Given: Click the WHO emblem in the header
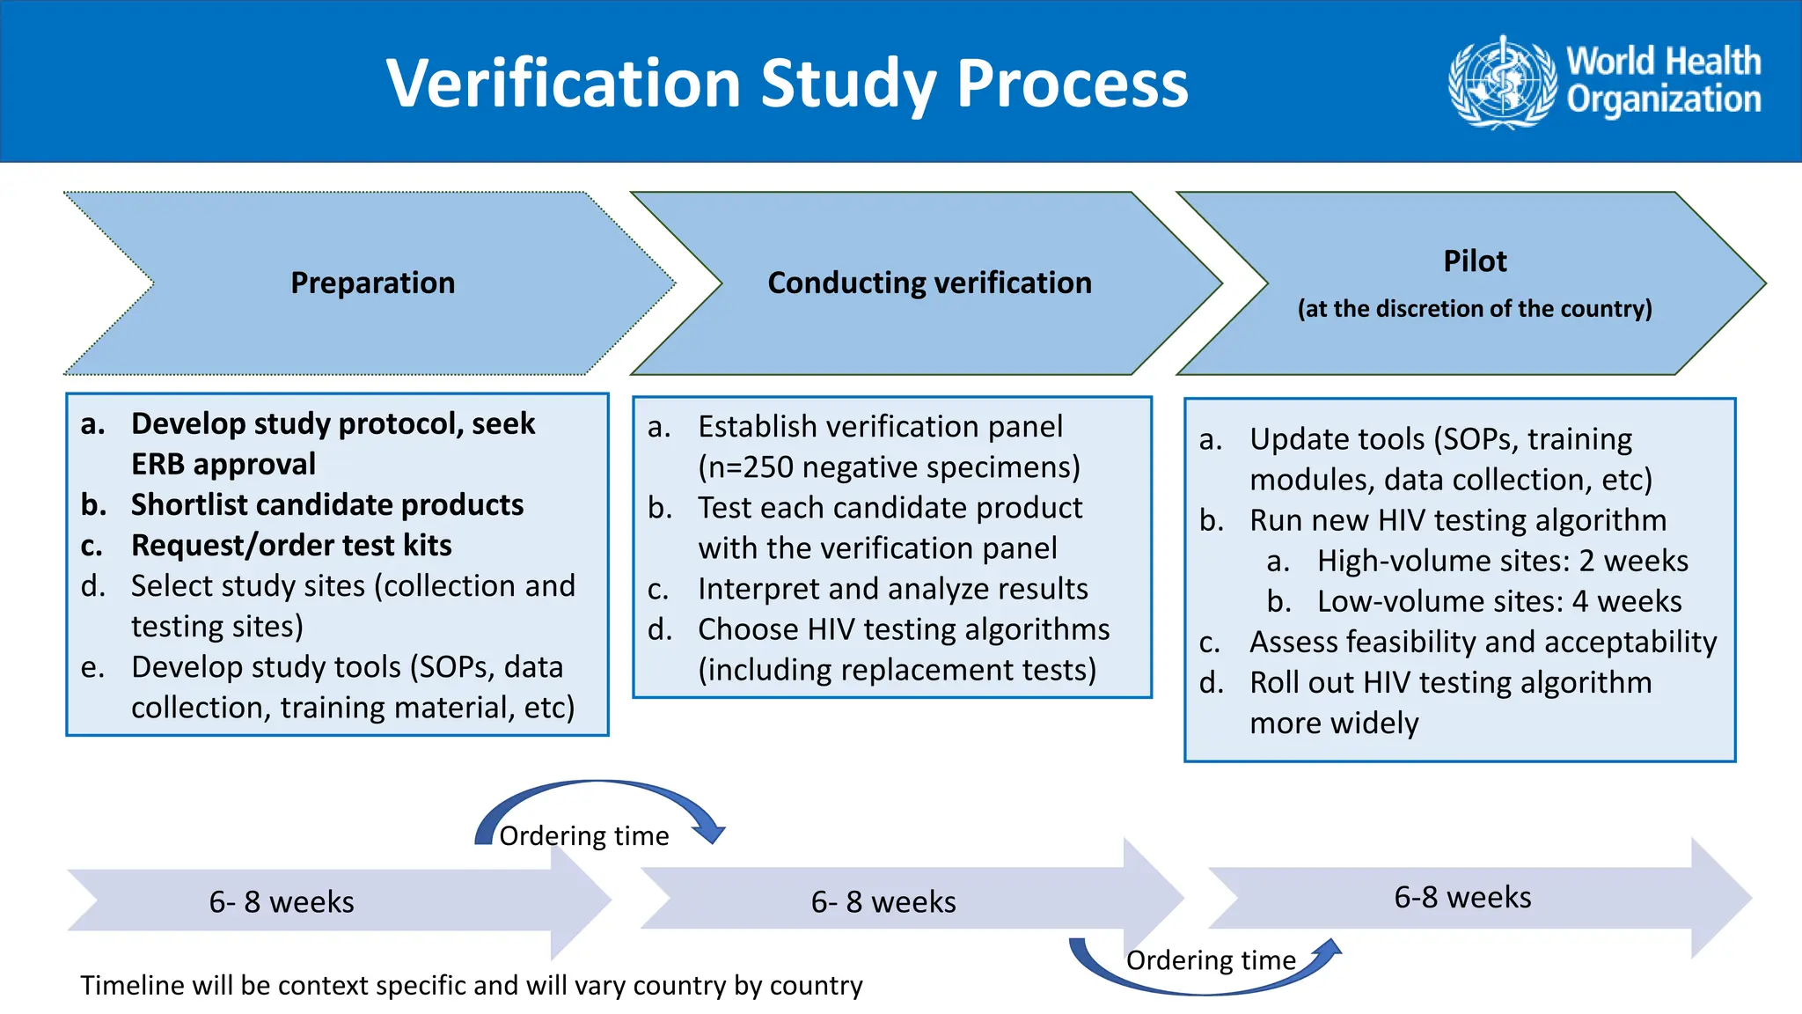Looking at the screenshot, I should point(1502,82).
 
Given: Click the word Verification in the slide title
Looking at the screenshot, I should point(563,84).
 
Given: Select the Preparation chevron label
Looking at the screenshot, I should point(372,283).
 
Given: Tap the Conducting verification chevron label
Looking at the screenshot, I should point(929,283).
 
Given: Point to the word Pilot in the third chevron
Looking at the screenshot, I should point(1475,261).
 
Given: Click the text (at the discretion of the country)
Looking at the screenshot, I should point(1475,308).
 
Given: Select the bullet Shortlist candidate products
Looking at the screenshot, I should point(326,504).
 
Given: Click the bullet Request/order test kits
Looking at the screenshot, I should point(291,545).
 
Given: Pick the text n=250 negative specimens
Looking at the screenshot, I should point(889,467).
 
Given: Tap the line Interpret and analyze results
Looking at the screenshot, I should point(892,588).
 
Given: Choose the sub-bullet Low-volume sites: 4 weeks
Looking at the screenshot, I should point(1498,601).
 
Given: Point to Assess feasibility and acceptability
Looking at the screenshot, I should point(1483,642).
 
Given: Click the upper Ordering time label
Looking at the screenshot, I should point(584,835).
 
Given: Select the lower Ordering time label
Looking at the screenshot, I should point(1211,959).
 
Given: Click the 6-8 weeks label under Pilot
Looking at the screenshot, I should point(1462,897).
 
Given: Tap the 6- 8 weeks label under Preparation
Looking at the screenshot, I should point(282,901).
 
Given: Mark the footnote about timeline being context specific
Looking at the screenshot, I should point(472,985).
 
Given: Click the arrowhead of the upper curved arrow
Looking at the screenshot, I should point(708,833).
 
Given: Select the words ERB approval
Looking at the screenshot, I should point(223,464).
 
